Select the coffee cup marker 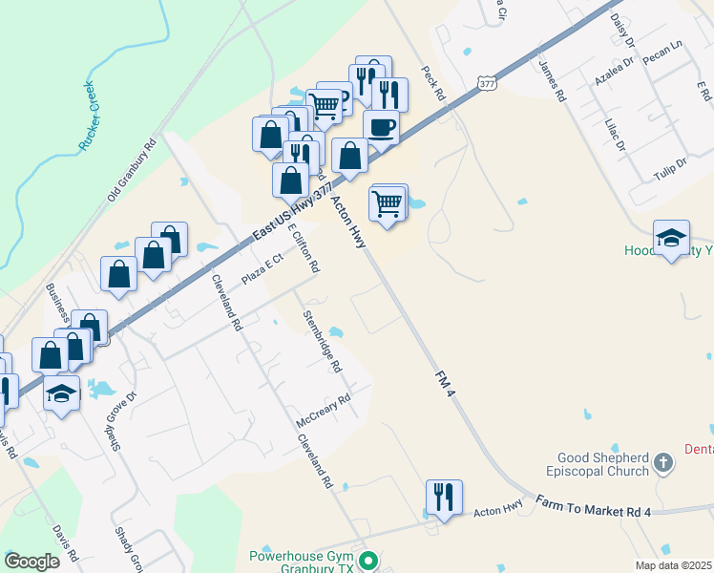coord(381,128)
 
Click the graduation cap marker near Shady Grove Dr coord(61,394)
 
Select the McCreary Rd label coord(325,412)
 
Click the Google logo coord(31,562)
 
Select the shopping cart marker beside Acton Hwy coord(387,203)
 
